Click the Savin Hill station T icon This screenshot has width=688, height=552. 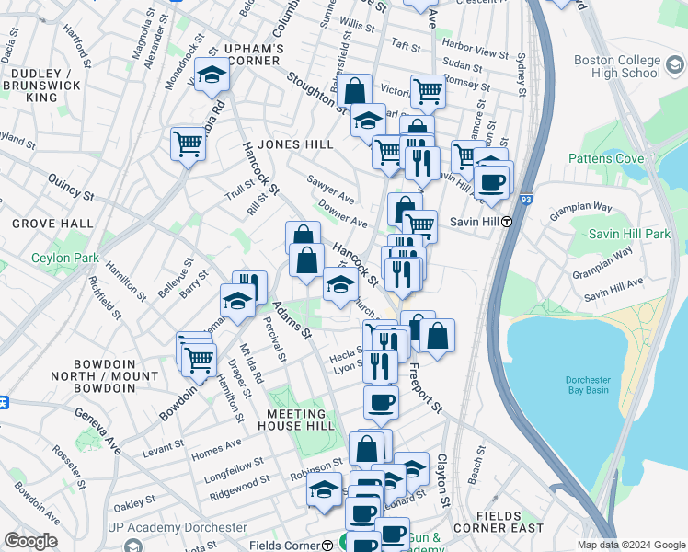click(x=506, y=221)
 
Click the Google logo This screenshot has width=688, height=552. click(x=30, y=541)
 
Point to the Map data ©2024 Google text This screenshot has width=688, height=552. click(x=630, y=545)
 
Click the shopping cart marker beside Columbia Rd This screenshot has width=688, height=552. click(x=188, y=144)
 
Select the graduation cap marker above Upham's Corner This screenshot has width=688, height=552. click(x=212, y=75)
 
